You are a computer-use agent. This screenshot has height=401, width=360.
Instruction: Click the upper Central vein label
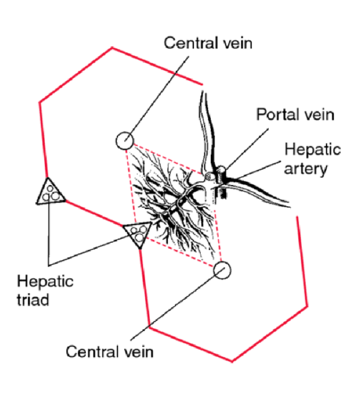208,42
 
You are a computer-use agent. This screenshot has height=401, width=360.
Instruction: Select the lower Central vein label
109,352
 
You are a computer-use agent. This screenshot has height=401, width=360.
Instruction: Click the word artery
306,169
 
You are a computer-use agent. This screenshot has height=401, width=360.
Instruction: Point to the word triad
34,299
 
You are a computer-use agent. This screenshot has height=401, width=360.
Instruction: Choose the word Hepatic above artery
312,150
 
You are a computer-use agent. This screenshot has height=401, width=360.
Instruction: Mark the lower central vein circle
222,270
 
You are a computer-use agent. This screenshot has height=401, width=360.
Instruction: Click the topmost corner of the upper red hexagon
112,48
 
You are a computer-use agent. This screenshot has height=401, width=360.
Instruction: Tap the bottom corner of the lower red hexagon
232,361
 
